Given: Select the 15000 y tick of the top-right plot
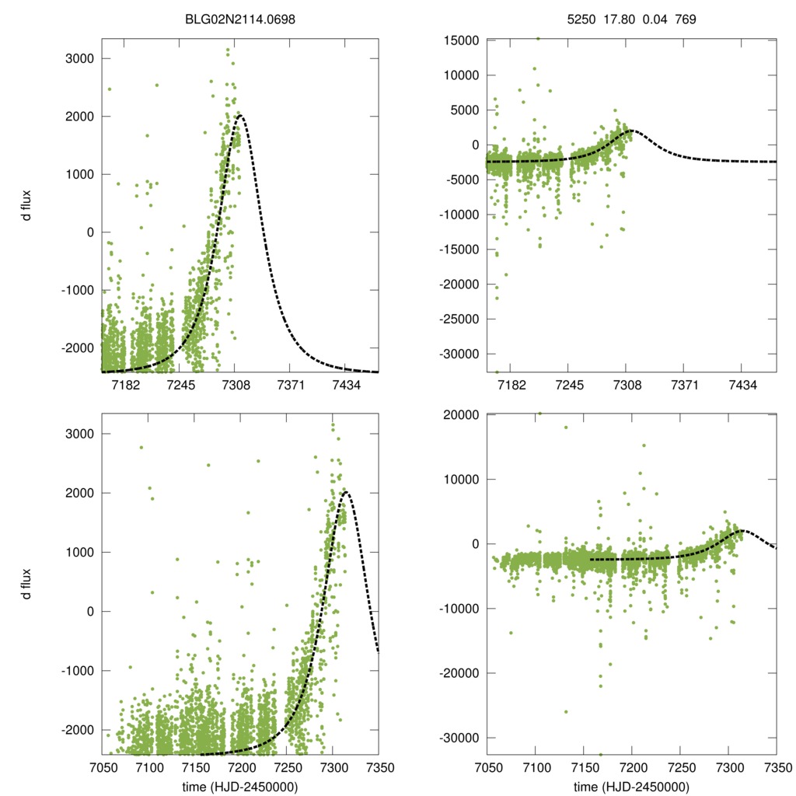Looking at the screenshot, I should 457,40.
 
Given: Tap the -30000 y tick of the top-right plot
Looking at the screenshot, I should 455,354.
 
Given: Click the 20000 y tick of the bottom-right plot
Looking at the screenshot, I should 457,415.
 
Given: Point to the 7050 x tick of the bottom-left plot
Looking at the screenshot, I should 102,768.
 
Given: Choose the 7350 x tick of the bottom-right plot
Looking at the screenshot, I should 777,768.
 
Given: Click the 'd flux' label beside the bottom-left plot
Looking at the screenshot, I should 27,583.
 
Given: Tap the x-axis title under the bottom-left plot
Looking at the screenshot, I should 240,786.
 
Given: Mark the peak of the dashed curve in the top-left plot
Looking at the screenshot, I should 239,116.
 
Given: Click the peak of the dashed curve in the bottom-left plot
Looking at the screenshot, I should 345,492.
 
